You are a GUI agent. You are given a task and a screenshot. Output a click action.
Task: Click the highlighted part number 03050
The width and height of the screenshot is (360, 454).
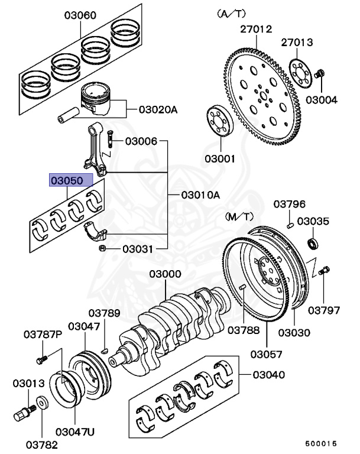pos(71,180)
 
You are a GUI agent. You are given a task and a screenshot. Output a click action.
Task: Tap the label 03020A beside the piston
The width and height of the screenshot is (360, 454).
pos(158,109)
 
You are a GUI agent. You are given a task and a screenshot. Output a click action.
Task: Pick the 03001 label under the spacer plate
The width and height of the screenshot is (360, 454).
pos(220,158)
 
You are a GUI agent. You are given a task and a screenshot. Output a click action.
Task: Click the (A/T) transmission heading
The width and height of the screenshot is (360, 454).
pos(232,12)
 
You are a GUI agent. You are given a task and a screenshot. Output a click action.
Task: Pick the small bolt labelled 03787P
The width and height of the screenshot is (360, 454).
pos(40,359)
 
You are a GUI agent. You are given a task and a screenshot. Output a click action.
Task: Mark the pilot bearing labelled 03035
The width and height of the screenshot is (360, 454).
pos(312,242)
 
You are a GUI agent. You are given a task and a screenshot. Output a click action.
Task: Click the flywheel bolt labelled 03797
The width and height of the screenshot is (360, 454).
pos(323,271)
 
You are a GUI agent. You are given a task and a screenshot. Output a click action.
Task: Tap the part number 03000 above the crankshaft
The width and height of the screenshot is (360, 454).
pos(165,274)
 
